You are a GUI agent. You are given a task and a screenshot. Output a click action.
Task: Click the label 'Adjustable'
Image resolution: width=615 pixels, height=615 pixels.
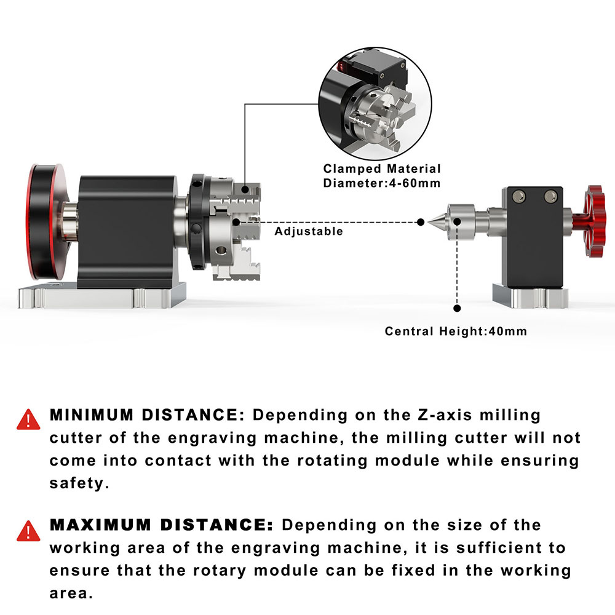point(309,232)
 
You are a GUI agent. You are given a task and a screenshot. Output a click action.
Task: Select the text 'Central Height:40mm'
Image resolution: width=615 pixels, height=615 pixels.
point(456,331)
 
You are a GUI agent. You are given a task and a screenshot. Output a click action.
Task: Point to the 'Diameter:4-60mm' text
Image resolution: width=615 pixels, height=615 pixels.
point(382,183)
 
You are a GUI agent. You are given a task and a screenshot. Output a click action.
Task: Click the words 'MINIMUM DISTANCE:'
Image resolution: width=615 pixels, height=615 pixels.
point(147,415)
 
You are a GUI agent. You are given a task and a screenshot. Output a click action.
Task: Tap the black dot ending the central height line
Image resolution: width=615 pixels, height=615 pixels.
point(456,309)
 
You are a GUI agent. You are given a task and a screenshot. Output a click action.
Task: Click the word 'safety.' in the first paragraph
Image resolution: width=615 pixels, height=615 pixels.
point(79,483)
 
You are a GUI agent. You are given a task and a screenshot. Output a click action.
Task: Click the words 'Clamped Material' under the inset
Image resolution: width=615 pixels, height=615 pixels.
point(382,169)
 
